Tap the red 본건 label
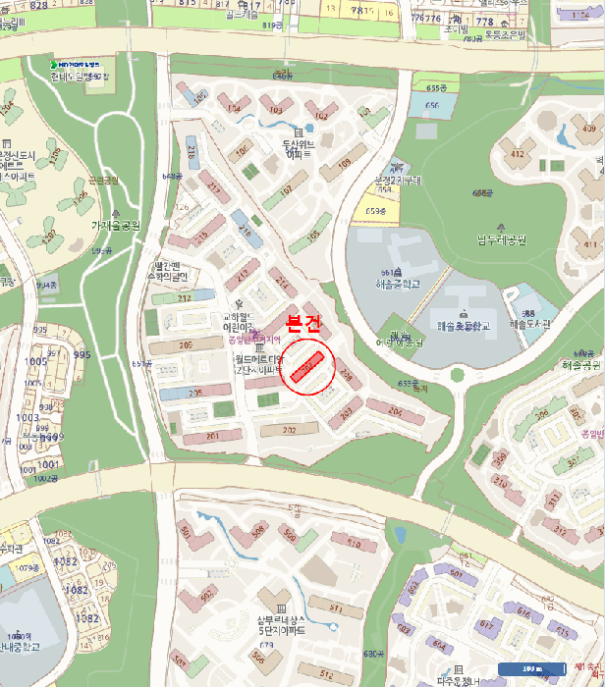pos(303,323)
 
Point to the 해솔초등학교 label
pos(461,326)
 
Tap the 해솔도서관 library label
pos(531,322)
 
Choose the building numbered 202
pos(289,430)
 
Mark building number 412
pos(517,154)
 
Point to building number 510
pos(354,542)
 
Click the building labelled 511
pos(334,608)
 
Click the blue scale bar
pos(531,668)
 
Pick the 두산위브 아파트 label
pos(298,148)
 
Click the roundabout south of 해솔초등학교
pos(456,374)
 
